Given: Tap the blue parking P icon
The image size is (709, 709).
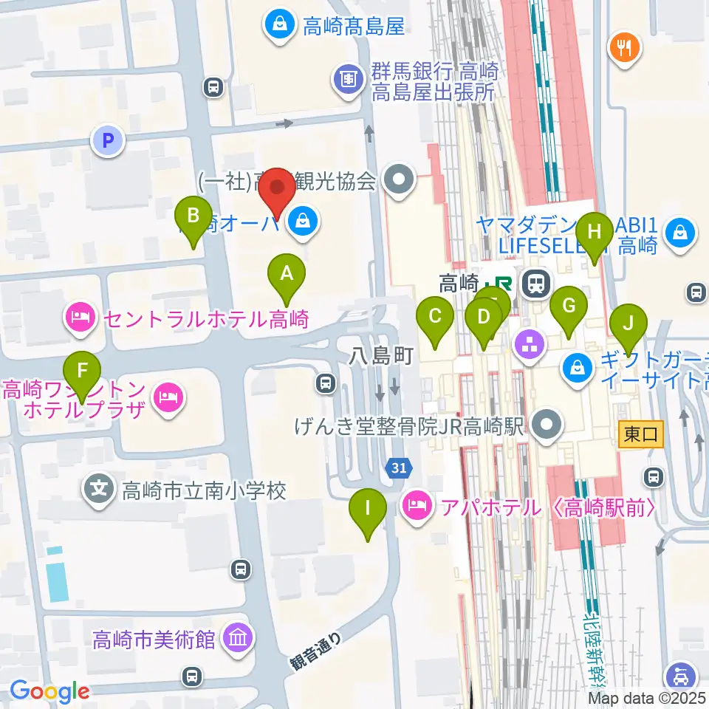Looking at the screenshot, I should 109,140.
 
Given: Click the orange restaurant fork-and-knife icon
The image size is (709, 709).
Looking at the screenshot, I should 625,49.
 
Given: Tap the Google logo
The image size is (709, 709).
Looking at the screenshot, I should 49,691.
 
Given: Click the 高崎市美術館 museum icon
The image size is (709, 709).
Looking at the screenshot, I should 239,638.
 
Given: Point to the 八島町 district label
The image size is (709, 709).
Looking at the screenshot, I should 381,356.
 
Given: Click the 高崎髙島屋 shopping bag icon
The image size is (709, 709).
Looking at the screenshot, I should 280,27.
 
